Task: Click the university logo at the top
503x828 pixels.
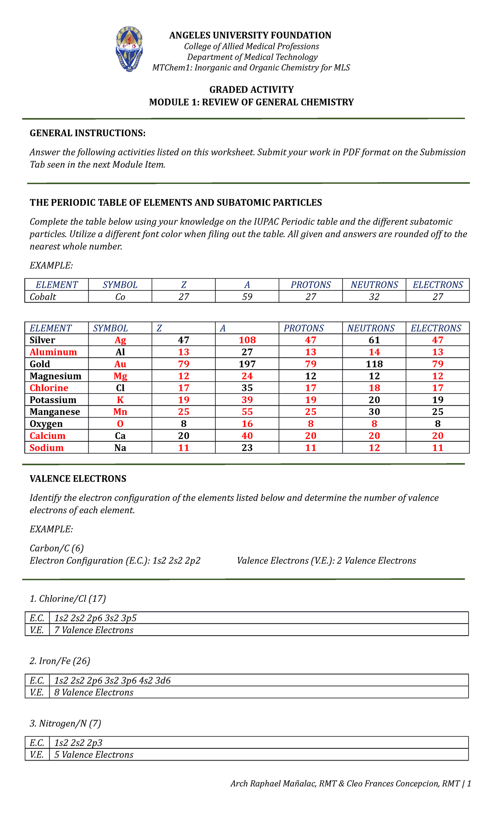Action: pos(129,48)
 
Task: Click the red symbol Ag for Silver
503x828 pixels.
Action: pos(120,340)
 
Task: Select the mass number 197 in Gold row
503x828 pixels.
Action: pos(247,364)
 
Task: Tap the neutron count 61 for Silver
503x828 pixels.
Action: pos(374,340)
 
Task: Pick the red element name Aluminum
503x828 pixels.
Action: pos(53,352)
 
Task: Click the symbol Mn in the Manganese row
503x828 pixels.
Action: pos(120,412)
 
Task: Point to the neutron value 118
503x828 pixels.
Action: pos(374,364)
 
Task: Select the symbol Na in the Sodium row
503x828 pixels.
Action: pos(120,448)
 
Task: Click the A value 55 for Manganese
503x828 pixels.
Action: pos(247,412)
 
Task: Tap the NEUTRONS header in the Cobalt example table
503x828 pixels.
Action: pos(374,285)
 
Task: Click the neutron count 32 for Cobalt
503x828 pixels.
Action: pos(374,297)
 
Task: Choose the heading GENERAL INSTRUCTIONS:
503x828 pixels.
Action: pos(88,133)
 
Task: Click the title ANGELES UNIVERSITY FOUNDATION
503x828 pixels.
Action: pos(250,35)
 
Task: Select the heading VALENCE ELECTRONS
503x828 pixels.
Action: pos(78,479)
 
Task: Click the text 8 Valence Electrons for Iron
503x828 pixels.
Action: pos(94,692)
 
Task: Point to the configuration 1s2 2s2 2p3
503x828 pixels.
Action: pos(78,743)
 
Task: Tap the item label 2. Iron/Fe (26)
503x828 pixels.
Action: pos(60,661)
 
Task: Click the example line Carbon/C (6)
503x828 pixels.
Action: pos(57,548)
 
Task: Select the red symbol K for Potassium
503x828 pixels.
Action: pos(120,400)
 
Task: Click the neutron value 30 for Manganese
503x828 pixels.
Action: pos(374,412)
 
